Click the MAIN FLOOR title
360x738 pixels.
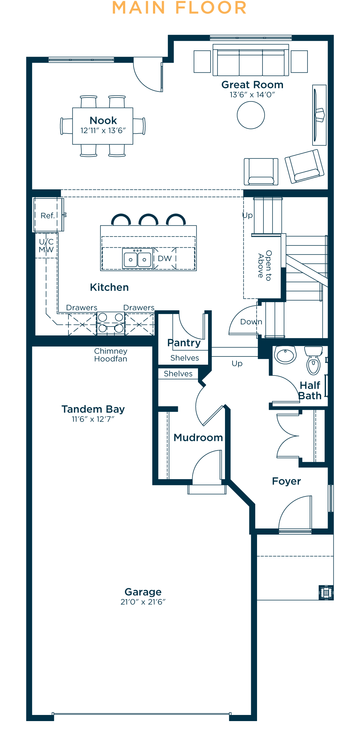179,8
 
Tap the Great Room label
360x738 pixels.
252,85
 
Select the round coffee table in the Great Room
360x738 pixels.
251,115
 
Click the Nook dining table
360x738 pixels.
103,126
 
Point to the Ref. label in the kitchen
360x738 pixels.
48,216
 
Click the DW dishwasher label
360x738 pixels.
165,258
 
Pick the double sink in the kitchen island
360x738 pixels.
137,258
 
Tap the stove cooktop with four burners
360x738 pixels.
111,323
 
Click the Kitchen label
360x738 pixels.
109,287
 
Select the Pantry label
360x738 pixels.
184,343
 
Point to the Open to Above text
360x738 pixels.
265,265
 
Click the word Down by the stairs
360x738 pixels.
251,322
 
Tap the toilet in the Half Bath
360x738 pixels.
314,360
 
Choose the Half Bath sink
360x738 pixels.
285,355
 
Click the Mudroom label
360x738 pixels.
198,437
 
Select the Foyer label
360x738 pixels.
287,481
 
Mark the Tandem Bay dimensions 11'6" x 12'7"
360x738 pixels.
93,419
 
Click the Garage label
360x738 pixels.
143,592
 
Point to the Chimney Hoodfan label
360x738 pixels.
111,355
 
